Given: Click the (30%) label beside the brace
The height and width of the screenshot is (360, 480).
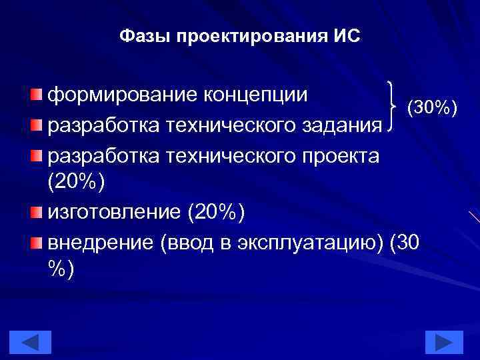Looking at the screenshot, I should (x=431, y=107).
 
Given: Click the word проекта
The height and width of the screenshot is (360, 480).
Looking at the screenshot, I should (x=338, y=156).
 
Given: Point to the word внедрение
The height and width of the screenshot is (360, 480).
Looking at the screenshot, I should (x=101, y=243).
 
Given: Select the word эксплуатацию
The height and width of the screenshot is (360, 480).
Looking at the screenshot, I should (x=313, y=243).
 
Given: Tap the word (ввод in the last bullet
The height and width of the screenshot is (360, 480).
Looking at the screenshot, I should (x=188, y=243).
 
